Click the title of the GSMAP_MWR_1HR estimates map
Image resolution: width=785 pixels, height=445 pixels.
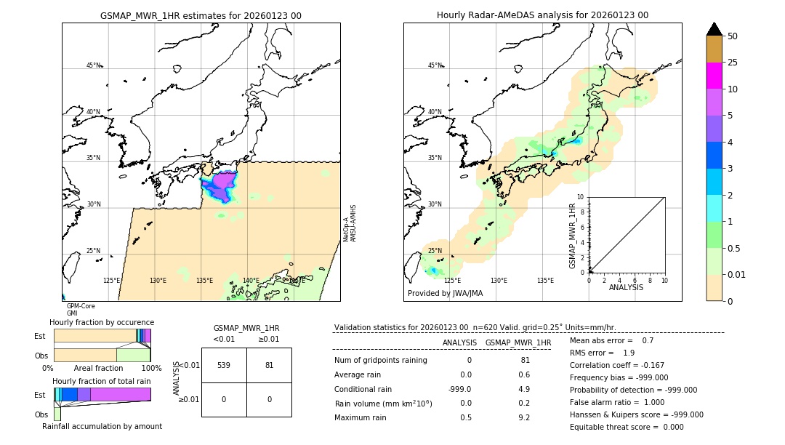click(201, 15)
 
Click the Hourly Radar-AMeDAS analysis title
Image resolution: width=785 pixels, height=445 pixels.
click(542, 15)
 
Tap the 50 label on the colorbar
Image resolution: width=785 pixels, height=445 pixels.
click(733, 36)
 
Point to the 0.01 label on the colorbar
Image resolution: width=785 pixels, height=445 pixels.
click(737, 275)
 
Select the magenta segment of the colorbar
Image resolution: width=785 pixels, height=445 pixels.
click(714, 76)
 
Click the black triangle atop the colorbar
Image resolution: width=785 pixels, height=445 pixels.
click(714, 29)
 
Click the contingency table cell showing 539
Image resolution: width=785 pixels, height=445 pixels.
click(224, 365)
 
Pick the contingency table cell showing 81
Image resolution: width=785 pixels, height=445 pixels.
click(269, 365)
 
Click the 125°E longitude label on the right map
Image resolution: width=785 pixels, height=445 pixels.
click(452, 281)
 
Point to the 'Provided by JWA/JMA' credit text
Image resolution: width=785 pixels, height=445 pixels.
click(445, 293)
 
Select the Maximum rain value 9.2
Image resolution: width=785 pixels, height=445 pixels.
click(523, 417)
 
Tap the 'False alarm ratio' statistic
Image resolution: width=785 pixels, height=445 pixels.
click(616, 402)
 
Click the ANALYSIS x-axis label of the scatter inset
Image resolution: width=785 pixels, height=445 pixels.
click(627, 287)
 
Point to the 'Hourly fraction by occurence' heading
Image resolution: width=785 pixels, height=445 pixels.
click(102, 322)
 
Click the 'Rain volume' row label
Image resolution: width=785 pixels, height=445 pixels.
click(383, 404)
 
